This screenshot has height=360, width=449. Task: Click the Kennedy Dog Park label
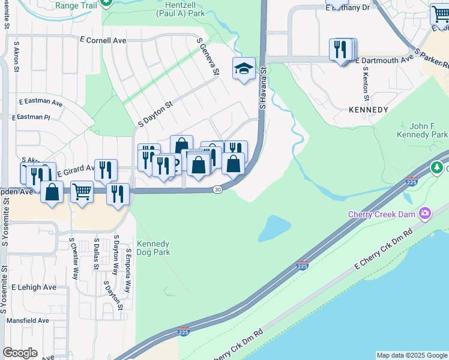153,248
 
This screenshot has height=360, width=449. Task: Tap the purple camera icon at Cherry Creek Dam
426,214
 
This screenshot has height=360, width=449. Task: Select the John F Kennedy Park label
422,130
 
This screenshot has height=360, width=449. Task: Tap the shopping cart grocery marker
82,192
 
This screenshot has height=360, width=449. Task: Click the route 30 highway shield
217,190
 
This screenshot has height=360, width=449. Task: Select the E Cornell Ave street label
103,40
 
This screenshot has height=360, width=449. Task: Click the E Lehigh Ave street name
33,287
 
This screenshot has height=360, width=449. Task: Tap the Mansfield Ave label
27,320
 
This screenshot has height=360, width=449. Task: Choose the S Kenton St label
365,82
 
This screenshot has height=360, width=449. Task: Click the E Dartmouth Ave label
385,60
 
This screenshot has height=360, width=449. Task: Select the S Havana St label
262,88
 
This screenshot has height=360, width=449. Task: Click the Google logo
20,353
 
